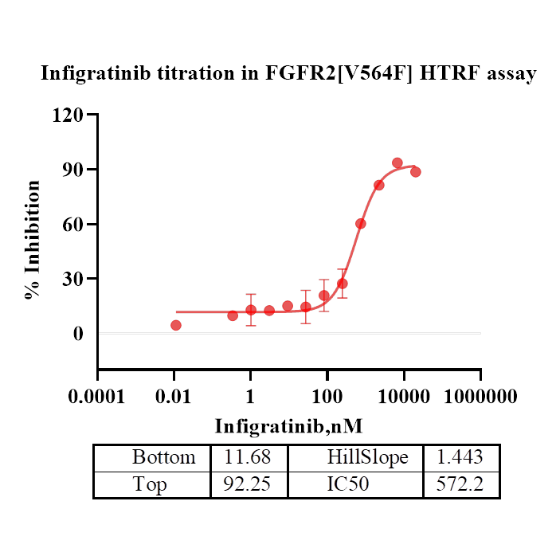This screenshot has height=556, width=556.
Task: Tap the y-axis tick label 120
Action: pyautogui.click(x=68, y=115)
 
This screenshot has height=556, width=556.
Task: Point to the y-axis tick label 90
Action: pyautogui.click(x=73, y=170)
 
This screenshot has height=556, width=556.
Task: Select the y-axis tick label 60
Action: pyautogui.click(x=73, y=224)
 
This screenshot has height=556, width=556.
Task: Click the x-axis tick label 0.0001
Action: pyautogui.click(x=97, y=396)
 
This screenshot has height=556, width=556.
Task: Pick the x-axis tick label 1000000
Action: pyautogui.click(x=480, y=396)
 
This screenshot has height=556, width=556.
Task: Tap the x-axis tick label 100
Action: pyautogui.click(x=327, y=396)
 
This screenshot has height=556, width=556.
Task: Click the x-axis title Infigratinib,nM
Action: pyautogui.click(x=288, y=425)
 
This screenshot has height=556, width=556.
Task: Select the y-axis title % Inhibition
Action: pyautogui.click(x=33, y=239)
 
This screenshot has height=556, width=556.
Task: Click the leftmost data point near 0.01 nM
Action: pyautogui.click(x=176, y=325)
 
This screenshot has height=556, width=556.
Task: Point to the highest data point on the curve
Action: pyautogui.click(x=397, y=163)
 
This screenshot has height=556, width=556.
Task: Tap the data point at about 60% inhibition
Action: pyautogui.click(x=361, y=224)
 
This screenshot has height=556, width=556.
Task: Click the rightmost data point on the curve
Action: pyautogui.click(x=416, y=172)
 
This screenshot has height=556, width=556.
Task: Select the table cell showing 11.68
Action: pyautogui.click(x=249, y=457)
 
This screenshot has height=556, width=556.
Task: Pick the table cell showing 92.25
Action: pyautogui.click(x=249, y=484)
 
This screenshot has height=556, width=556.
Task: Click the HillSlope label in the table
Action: pyautogui.click(x=367, y=457)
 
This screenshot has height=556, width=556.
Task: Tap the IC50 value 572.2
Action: pyautogui.click(x=460, y=484)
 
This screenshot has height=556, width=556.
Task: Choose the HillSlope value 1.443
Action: pyautogui.click(x=460, y=457)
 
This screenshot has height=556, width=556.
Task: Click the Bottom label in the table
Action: pyautogui.click(x=163, y=457)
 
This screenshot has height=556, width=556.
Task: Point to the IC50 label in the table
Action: pyautogui.click(x=348, y=484)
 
